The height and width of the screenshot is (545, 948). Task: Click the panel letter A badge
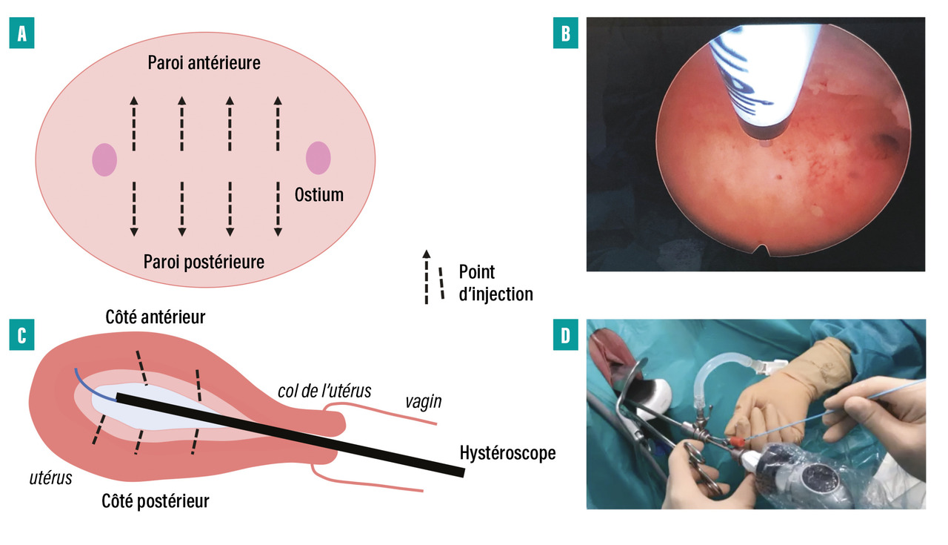pos(22,36)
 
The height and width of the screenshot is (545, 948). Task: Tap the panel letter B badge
pos(566,36)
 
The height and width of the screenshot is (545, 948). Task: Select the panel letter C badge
pos(22,335)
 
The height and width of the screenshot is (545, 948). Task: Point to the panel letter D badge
pos(566,335)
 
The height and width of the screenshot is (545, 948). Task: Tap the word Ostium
pos(318,195)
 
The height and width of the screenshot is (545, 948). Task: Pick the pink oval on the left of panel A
pos(104,159)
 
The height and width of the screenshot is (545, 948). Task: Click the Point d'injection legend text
pos(495,283)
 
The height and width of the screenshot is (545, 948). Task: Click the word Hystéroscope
pos(507,452)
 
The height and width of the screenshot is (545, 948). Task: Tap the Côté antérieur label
pos(155,317)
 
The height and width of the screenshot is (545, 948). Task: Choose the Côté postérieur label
pos(155,501)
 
